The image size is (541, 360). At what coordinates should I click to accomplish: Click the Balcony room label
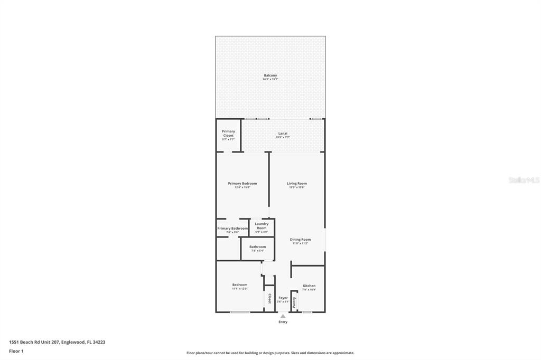coord(270,75)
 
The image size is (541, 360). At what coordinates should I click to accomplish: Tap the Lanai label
coord(283,134)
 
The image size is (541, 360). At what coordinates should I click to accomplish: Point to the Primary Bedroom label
coord(242,183)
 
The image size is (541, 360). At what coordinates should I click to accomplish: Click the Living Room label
coord(297,183)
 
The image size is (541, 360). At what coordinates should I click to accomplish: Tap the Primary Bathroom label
coord(232,229)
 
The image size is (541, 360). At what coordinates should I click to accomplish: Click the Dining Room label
coord(300,240)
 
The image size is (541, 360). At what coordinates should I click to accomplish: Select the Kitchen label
coord(309,286)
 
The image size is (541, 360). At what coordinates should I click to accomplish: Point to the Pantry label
coord(294,302)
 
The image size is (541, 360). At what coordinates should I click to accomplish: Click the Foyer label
coord(283,298)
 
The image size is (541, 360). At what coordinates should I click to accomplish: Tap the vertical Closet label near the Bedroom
coord(269,299)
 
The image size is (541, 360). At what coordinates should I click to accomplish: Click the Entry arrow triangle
coord(283,316)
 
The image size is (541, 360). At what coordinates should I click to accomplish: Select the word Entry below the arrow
coord(283,322)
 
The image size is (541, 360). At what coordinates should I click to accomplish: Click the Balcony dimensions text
coord(270,80)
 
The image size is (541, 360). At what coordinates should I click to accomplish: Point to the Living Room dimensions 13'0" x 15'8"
coord(297,187)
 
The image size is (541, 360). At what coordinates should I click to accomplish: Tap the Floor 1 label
coord(16,351)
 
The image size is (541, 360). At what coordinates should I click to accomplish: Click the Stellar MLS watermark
coord(524,180)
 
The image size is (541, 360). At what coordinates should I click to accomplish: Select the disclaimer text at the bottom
coord(270,353)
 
